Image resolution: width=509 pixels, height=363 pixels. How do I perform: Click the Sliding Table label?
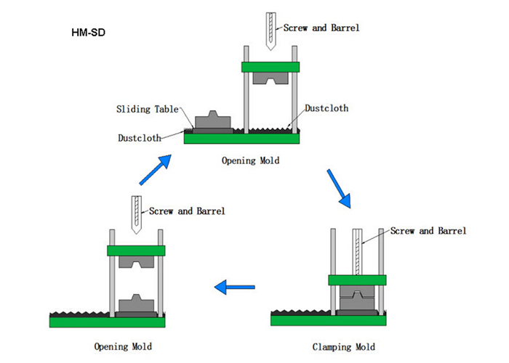(147, 109)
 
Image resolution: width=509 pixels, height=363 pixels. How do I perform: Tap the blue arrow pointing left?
(234, 288)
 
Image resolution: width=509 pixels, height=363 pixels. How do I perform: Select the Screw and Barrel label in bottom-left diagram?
(187, 211)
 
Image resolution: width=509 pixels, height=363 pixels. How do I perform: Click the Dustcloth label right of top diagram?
(326, 108)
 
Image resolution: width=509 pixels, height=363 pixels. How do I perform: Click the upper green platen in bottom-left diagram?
(136, 250)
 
